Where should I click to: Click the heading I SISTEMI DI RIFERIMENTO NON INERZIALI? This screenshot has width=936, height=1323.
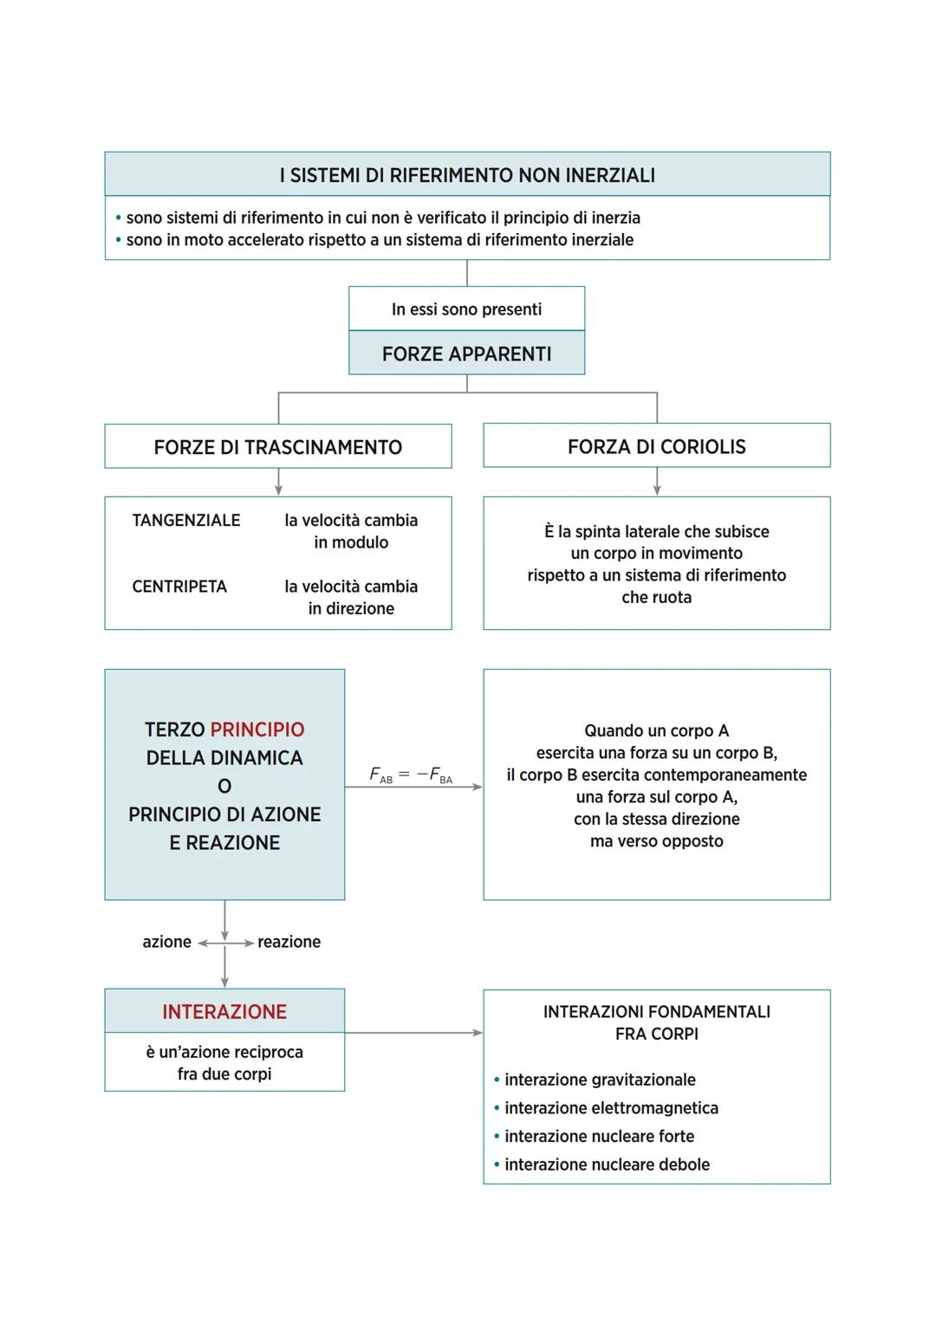(467, 175)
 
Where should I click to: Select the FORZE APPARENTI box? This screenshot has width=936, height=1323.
(466, 353)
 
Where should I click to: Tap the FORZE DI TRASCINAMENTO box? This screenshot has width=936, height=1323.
(277, 447)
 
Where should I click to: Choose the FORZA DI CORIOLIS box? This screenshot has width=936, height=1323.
(656, 446)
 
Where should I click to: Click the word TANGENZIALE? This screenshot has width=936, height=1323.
(186, 520)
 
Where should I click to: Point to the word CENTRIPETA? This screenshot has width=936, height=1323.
(179, 587)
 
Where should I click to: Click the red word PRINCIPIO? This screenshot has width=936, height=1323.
(257, 730)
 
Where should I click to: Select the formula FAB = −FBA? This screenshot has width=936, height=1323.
(411, 775)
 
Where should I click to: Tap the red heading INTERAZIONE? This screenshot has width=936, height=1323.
(224, 1011)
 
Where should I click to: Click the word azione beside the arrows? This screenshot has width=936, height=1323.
(166, 942)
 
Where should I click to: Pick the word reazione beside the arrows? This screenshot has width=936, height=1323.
(289, 942)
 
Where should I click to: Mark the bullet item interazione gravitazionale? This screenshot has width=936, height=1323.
(600, 1080)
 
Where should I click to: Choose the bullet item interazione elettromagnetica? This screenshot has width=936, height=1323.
(611, 1108)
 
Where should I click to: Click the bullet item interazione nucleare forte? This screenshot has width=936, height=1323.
(599, 1136)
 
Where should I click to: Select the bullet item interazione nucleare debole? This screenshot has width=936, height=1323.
(607, 1164)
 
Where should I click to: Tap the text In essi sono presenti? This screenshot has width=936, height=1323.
(466, 309)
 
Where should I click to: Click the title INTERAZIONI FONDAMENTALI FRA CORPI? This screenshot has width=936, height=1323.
(656, 1022)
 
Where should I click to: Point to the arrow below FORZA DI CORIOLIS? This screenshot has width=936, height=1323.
(657, 482)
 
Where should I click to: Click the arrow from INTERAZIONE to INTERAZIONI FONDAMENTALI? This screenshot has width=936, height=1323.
(413, 1033)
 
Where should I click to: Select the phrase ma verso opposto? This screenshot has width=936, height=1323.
(656, 841)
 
